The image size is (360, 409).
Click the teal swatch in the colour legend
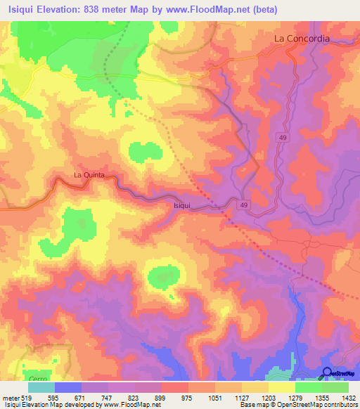(x=41, y=387)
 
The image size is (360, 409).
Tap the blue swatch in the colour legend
(x=68, y=387)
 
